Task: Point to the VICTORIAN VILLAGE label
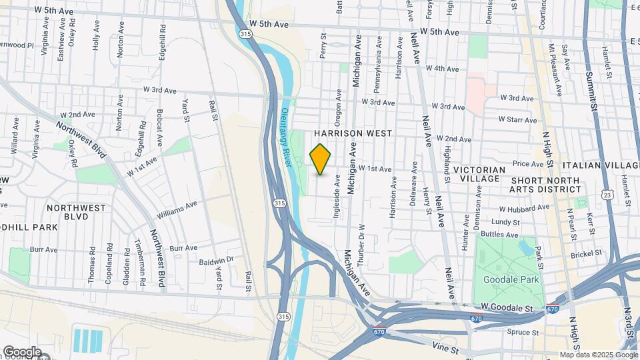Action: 477,175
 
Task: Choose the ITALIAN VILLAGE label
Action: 601,165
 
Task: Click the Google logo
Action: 21,351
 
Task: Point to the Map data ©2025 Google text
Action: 598,355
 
